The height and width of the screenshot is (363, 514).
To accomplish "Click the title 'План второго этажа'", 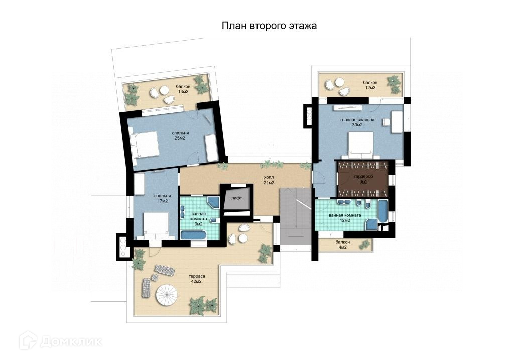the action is point(269,26).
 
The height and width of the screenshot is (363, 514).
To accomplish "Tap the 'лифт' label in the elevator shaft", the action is point(237,198).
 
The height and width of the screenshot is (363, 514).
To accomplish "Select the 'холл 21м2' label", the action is point(269,180).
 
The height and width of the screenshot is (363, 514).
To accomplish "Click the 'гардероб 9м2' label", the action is point(363,179).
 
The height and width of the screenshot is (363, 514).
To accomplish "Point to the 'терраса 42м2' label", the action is point(197,279).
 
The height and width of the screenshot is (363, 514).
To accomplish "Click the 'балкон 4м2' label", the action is point(342,245).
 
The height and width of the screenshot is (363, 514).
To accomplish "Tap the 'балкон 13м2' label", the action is point(183,89).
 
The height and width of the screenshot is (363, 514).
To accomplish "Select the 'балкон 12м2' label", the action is point(370,85).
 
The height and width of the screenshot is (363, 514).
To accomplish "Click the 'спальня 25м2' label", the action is point(180,136).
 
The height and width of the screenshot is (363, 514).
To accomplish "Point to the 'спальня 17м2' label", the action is point(162,199).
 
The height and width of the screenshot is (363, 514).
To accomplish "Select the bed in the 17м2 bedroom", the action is point(157,225).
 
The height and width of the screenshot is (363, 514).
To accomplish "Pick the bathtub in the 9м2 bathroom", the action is point(193,235).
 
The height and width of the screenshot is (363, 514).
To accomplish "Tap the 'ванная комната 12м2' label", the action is point(345,218).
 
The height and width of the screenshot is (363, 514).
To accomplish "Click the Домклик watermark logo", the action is point(60,341).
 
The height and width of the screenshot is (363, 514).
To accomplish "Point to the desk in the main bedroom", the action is point(397,122).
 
